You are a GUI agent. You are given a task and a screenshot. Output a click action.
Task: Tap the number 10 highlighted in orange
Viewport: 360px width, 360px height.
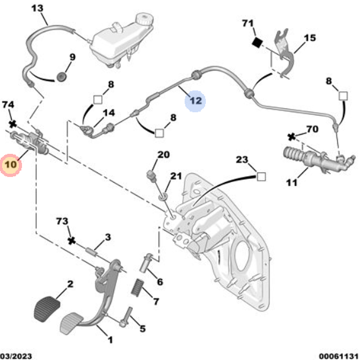coord(11,165)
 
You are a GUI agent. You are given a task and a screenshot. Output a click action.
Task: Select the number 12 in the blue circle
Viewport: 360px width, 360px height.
coord(196,100)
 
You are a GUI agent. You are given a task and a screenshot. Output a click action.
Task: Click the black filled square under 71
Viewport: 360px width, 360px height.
coord(256,42)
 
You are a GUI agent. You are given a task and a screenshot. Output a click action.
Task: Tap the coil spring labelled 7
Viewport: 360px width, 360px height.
coord(138,288)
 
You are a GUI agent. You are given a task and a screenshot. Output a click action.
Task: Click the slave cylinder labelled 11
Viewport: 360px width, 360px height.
coord(310,158)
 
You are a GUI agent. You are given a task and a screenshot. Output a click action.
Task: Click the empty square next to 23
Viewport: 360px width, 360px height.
coord(261,177)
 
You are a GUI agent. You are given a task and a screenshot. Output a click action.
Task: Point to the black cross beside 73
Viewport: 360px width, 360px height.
coord(72,240)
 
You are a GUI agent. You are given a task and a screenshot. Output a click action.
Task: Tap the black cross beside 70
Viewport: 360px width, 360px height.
coord(292,137)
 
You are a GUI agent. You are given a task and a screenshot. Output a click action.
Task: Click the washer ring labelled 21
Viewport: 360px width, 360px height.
coord(163,196)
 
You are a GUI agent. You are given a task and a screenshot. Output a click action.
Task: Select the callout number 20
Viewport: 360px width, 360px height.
coord(163,155)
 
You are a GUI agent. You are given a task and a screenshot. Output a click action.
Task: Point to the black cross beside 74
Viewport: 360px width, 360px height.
coord(13,124)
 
